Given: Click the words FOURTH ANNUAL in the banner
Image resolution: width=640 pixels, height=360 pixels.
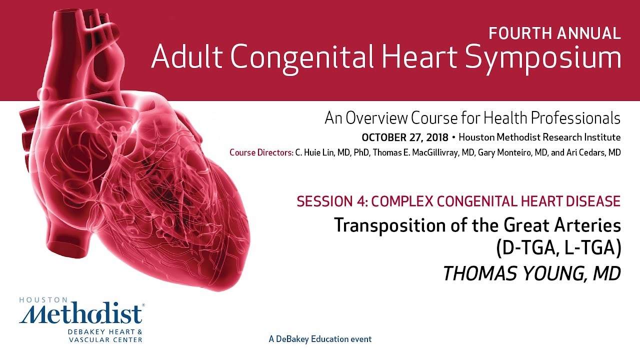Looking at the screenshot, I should point(554,33).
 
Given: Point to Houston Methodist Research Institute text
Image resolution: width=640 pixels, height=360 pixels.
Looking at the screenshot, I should point(539,137).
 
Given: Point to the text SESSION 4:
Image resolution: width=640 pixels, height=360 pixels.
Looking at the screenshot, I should point(323,201).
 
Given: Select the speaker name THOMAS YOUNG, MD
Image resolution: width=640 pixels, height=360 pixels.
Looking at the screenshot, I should point(532,273).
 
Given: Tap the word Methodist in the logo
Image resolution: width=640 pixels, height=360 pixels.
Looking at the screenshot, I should point(81,315).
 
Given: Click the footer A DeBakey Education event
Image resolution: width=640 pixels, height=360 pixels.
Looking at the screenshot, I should point(320,339).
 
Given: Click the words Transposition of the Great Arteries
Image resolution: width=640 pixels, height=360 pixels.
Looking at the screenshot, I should point(477,225).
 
